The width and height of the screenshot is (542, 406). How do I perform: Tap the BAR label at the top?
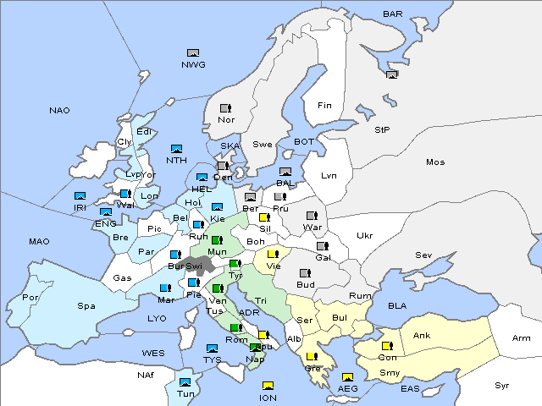point(393,14)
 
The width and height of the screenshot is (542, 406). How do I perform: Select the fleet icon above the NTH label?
point(176,147)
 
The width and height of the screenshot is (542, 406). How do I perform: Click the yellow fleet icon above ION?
point(268,386)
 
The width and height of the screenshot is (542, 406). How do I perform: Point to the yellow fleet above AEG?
point(347,376)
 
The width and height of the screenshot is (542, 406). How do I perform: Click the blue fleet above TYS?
point(212,348)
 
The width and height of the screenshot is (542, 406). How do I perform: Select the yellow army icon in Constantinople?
point(387,346)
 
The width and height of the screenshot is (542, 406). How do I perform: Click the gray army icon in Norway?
point(225,108)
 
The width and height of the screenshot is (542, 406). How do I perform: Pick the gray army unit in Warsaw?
point(312,215)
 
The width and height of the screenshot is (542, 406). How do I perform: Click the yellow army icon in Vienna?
point(273,253)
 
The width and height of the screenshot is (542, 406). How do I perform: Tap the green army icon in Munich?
point(217,240)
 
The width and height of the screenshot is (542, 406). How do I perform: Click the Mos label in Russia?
point(435,162)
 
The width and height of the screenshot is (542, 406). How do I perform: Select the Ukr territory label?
point(364,236)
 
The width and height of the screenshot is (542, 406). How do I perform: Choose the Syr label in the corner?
point(502,385)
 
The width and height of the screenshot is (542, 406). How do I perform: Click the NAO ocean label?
point(59,111)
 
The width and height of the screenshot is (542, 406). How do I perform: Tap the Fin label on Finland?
point(324,106)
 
